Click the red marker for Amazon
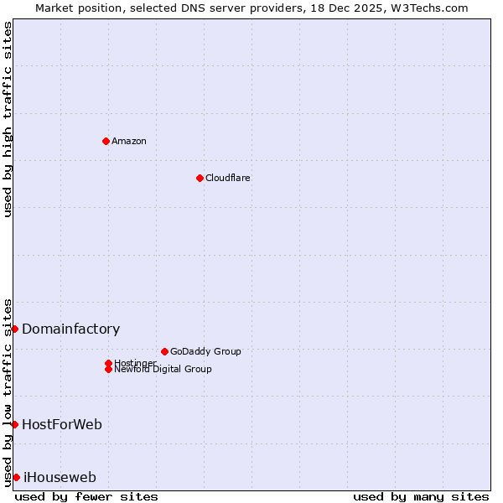[x=106, y=141]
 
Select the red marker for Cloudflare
[x=200, y=178]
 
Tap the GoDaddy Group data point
[x=164, y=351]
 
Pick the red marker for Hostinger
[x=108, y=363]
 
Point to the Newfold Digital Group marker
[x=108, y=369]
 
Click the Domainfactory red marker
[x=14, y=329]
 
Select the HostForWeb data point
[x=14, y=424]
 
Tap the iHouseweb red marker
[x=16, y=477]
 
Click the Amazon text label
[x=129, y=141]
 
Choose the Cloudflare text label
[x=228, y=178]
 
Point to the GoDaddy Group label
[x=205, y=351]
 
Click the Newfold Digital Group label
[x=163, y=370]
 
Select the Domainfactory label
[x=71, y=329]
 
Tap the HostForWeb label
[x=62, y=425]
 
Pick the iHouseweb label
[x=60, y=478]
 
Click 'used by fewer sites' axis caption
[x=86, y=496]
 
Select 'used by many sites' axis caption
[x=421, y=496]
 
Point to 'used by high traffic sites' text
[x=8, y=119]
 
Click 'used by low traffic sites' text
[x=8, y=392]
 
